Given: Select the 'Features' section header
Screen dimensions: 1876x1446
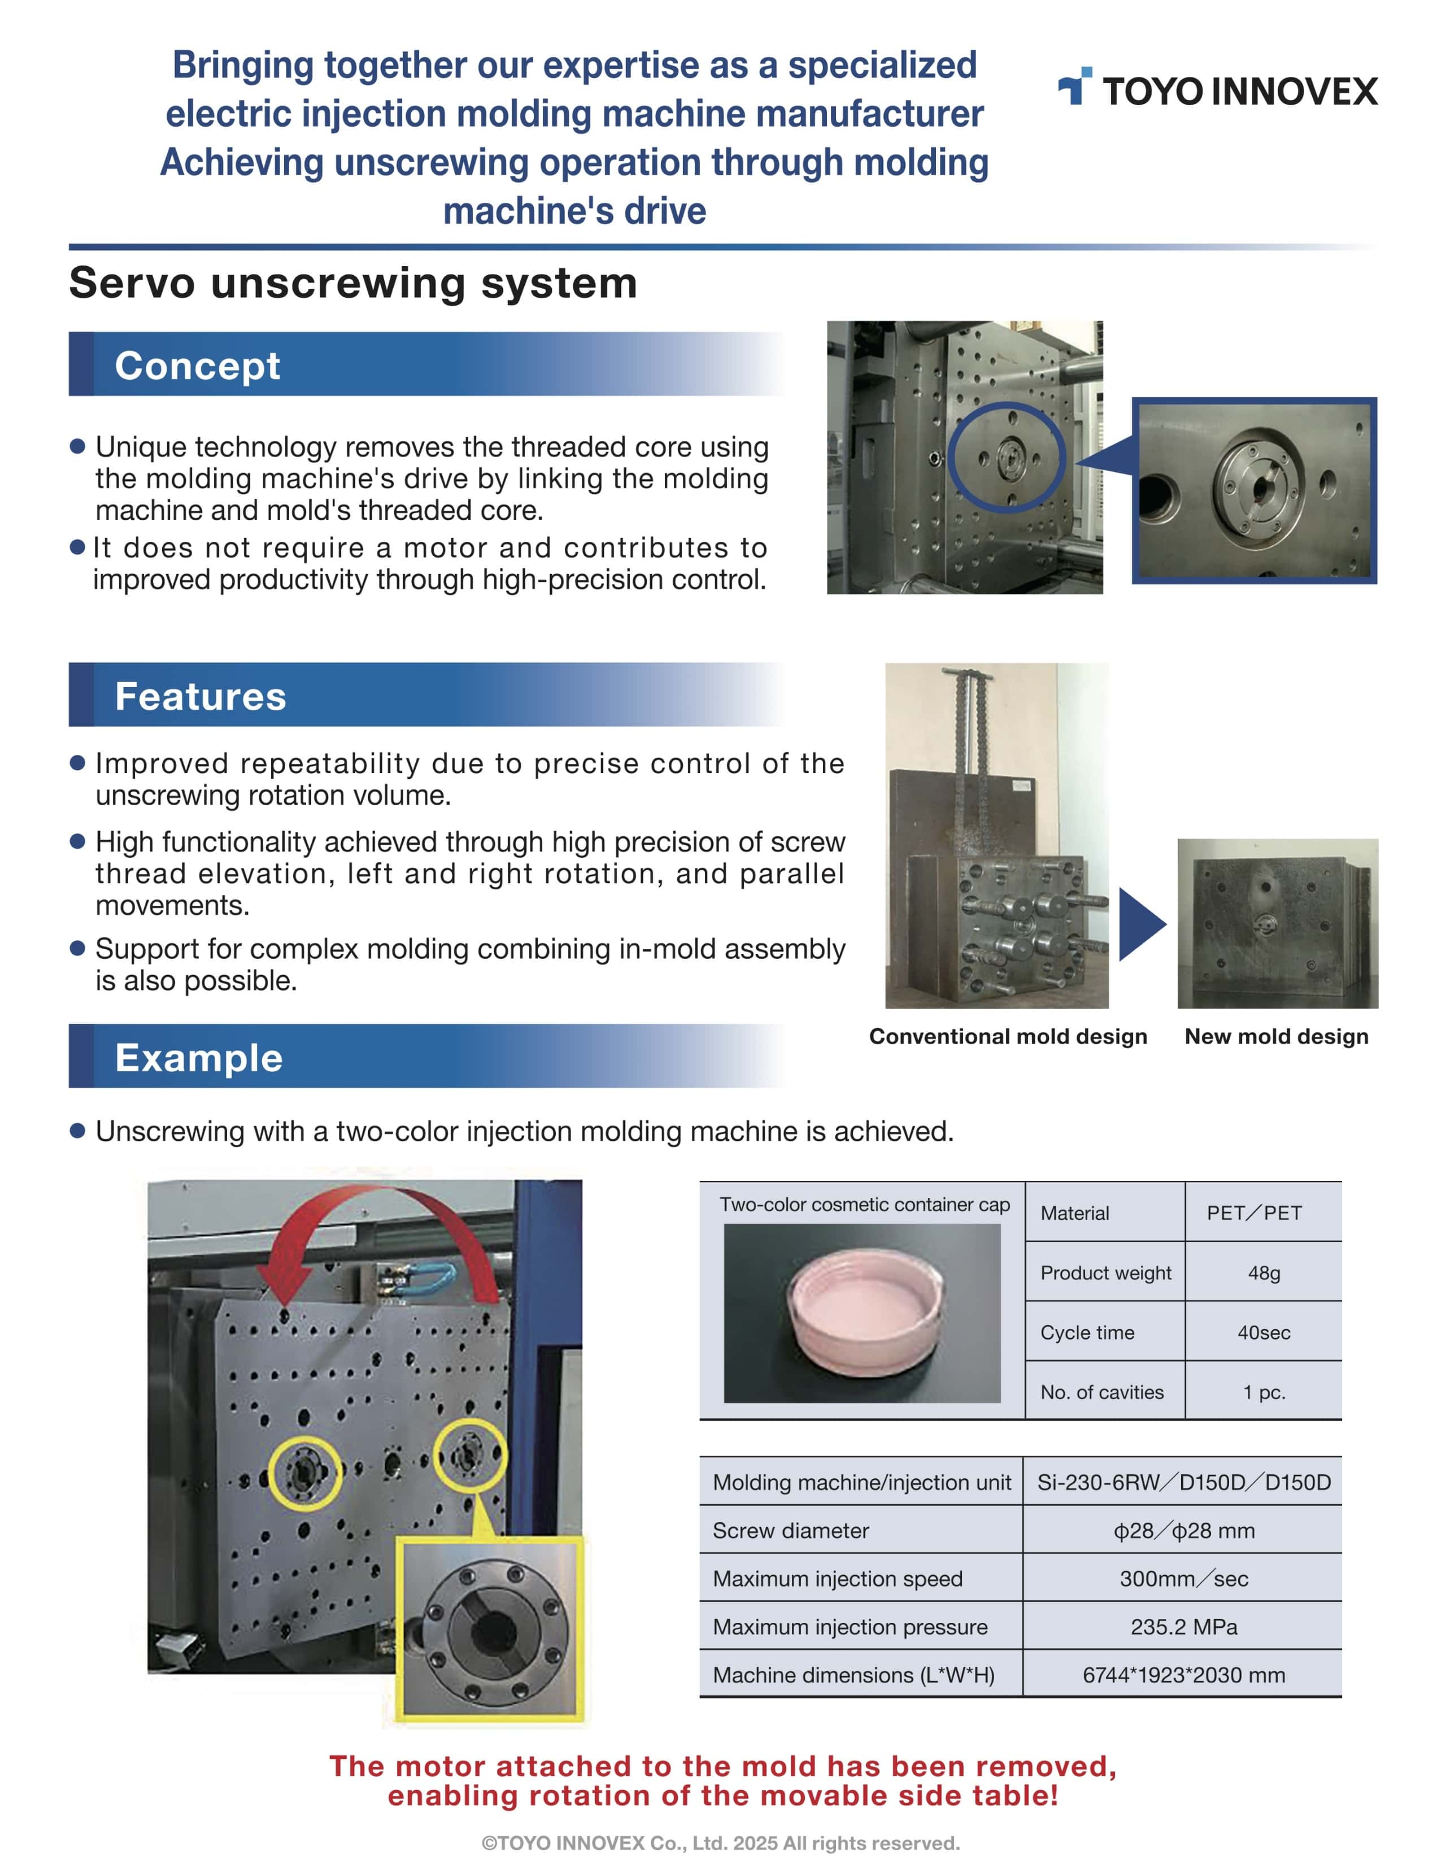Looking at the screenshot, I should tap(200, 696).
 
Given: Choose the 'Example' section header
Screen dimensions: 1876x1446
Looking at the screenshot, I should tap(198, 1057).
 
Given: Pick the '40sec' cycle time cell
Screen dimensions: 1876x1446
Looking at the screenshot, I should tap(1263, 1332).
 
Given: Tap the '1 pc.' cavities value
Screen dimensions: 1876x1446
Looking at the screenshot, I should tap(1263, 1392).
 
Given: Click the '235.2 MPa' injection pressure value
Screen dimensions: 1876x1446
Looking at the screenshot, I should tap(1183, 1627).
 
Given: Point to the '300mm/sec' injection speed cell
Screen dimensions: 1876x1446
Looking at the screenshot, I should tap(1183, 1579).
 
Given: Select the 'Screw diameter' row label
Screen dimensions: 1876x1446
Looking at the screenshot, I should tap(790, 1531).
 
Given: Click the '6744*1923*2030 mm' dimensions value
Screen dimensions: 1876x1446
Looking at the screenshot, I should tap(1183, 1675).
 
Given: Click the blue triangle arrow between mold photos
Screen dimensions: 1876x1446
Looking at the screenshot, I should tap(1140, 924).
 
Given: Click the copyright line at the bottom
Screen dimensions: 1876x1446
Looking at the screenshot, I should tap(720, 1843).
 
